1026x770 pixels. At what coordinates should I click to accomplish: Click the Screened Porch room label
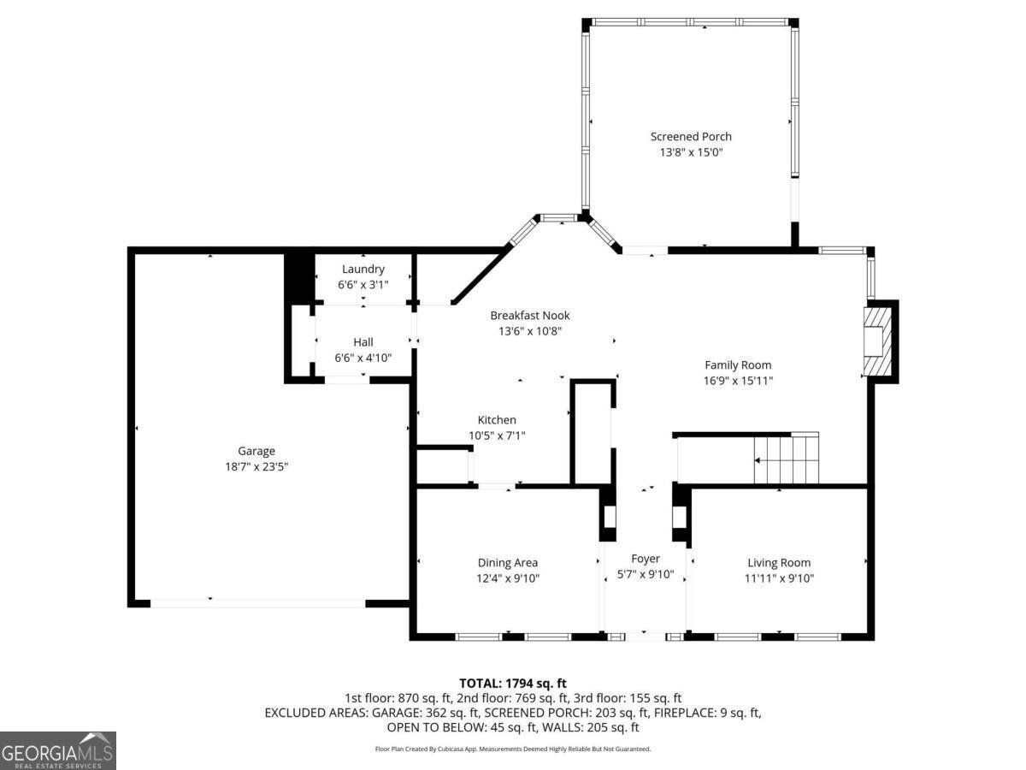pos(691,136)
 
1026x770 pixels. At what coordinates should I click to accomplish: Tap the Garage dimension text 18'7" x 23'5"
pos(256,467)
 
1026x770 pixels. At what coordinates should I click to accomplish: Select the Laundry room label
pos(363,269)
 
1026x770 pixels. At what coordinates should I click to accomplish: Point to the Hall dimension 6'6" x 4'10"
pos(363,358)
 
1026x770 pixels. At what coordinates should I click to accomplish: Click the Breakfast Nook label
pos(529,316)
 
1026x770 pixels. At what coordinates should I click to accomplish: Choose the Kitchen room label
pos(497,419)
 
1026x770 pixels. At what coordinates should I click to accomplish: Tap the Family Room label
pos(738,364)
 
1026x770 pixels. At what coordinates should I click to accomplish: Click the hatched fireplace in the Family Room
pos(876,341)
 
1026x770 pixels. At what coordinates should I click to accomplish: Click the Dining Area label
pos(508,562)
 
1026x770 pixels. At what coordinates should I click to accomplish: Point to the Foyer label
pos(646,559)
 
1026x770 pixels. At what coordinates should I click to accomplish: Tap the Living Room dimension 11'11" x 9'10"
pos(779,578)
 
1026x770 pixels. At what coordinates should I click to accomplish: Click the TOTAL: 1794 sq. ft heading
pos(513,683)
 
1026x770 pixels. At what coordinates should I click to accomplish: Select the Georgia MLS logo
pos(57,750)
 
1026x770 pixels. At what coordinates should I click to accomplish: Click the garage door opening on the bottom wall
pos(257,602)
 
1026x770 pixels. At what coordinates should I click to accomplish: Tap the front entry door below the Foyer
pos(646,636)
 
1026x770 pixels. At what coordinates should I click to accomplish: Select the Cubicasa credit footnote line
pos(513,749)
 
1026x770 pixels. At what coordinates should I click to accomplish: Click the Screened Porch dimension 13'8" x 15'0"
pos(691,152)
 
